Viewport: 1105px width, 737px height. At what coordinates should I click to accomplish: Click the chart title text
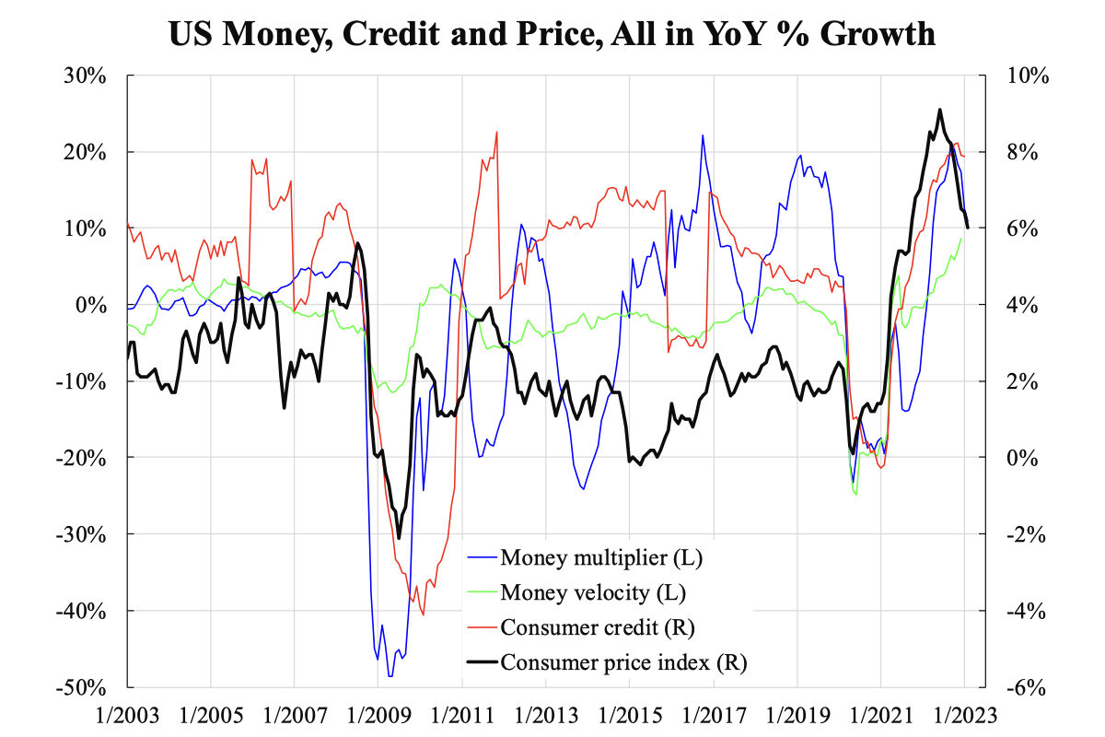[552, 34]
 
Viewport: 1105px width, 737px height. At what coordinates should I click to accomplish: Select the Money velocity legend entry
[593, 591]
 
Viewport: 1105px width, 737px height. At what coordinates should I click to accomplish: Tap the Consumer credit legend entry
[597, 627]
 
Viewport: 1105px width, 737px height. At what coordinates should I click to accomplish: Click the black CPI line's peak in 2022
[939, 110]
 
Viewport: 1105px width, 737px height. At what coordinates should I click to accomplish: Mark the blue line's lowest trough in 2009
[390, 676]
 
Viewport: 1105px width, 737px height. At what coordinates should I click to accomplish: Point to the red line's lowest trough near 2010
[424, 615]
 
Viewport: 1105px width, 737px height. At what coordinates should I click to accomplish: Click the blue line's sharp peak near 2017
[703, 135]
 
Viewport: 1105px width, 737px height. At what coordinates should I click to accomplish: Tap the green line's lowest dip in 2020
[856, 494]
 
